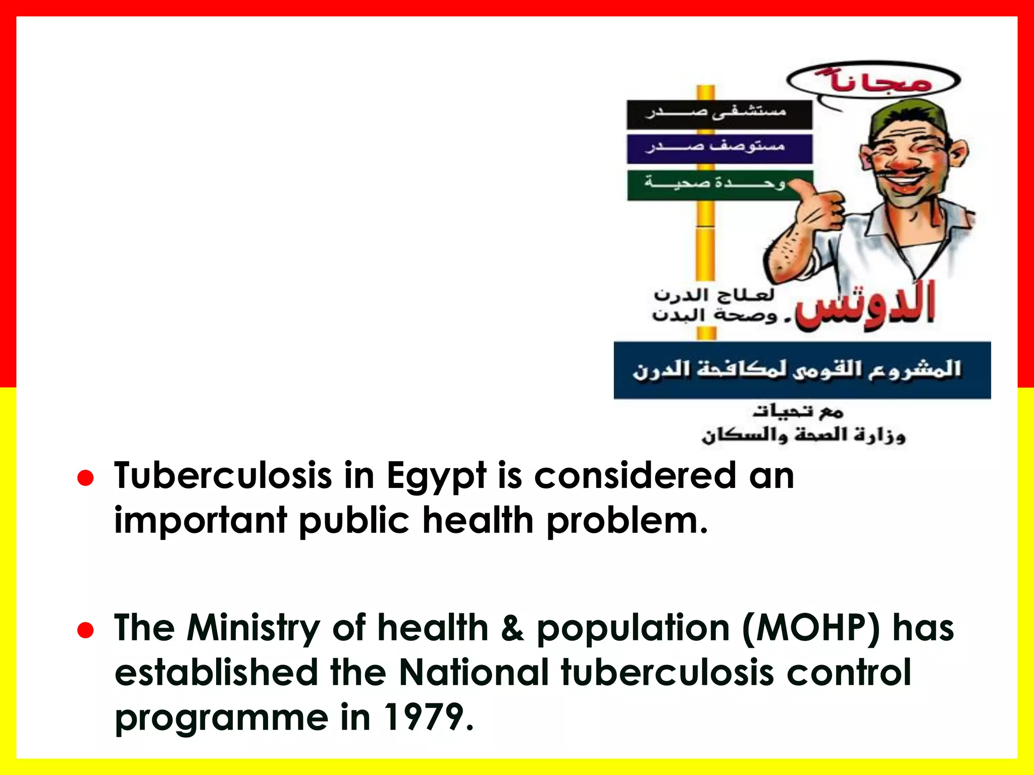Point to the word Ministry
[253, 629]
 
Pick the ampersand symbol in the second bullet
[512, 629]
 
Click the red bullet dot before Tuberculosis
[86, 478]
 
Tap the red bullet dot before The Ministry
[86, 630]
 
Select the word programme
[222, 718]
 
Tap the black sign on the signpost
[719, 115]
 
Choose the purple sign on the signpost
[719, 148]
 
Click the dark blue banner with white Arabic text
[802, 370]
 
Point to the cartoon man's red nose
[906, 161]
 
